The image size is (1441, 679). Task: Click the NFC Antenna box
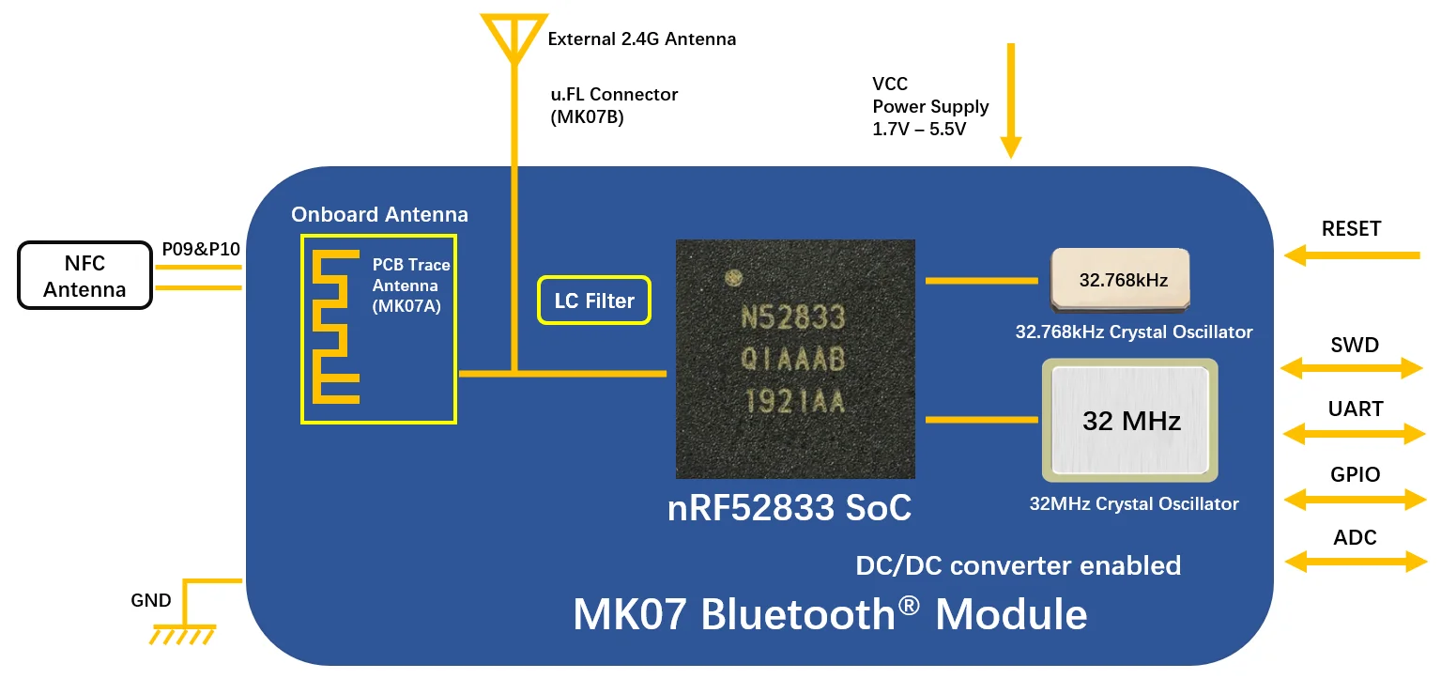(84, 275)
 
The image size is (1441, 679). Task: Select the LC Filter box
(593, 301)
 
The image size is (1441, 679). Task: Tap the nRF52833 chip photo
(794, 359)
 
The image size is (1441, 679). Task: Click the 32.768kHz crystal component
(1120, 279)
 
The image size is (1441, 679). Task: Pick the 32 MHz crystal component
(1129, 421)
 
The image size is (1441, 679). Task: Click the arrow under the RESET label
(1352, 254)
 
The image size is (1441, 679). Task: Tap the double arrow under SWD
(1354, 369)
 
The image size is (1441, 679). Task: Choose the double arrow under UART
(1354, 433)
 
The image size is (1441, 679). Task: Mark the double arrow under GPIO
(1354, 498)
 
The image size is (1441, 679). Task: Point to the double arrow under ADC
(1354, 562)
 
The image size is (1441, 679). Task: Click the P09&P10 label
(201, 249)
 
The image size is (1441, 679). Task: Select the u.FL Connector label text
(614, 95)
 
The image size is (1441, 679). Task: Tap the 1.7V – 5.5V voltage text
(919, 129)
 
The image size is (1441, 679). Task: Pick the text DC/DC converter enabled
(1018, 565)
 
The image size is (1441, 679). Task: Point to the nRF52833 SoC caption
(789, 508)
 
